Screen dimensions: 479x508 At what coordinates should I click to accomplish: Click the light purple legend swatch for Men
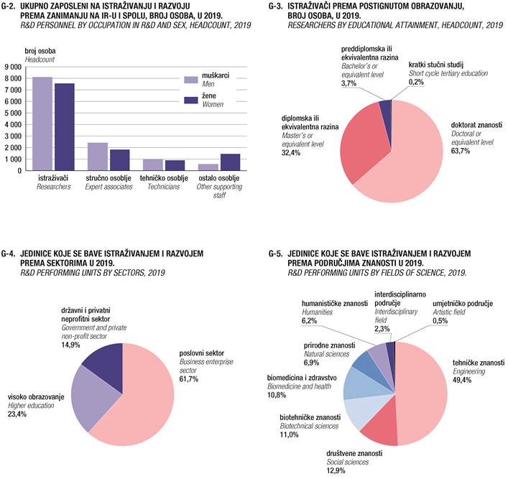(192, 80)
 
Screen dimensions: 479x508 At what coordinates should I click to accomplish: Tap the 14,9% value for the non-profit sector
(70, 344)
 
